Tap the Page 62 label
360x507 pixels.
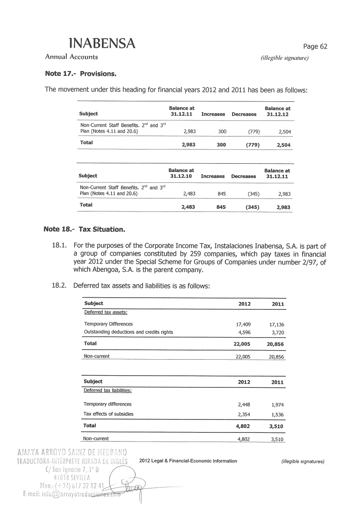[x=315, y=47]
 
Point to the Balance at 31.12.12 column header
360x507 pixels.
[x=277, y=111]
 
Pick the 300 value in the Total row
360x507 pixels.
[x=221, y=145]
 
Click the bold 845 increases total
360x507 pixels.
[x=221, y=207]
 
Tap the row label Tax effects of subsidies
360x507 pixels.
[x=108, y=414]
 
